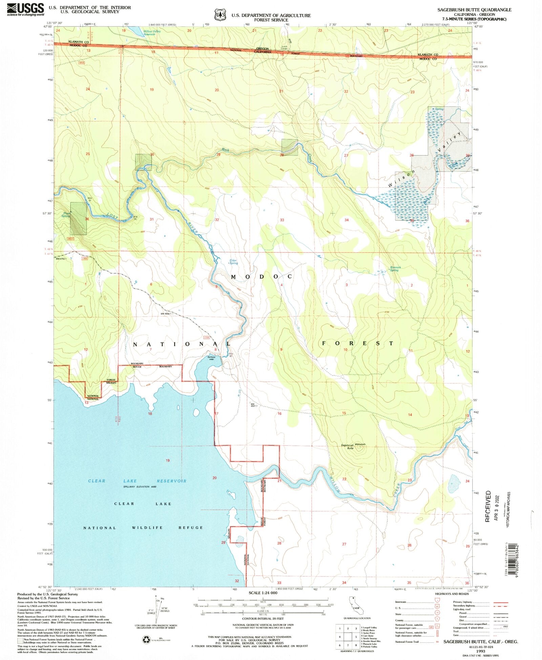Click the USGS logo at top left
click(25, 9)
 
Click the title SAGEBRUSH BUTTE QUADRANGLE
click(474, 10)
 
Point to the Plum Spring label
click(66, 215)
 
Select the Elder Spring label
click(233, 262)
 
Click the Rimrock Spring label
click(395, 269)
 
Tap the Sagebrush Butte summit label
click(347, 447)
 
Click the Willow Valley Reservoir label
click(151, 33)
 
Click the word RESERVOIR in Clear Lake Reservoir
click(171, 481)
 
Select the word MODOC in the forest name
click(261, 277)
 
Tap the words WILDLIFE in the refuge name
click(147, 528)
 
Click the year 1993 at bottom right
click(480, 651)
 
